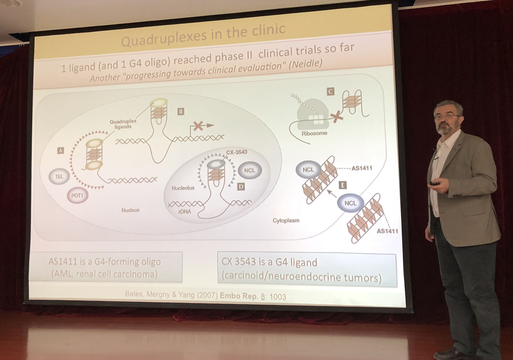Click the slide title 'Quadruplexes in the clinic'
(203, 35)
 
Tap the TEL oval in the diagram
(59, 177)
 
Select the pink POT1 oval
(77, 196)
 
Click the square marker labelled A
(60, 150)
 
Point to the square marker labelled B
(180, 112)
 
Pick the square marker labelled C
(330, 92)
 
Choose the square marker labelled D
(241, 187)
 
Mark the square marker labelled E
(343, 186)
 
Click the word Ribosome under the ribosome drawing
(314, 133)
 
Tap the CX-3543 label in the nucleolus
(237, 152)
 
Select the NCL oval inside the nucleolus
(250, 170)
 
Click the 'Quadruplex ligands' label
(123, 124)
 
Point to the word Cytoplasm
(286, 220)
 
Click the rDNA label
(184, 212)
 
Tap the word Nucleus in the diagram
(130, 210)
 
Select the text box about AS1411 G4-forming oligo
(105, 267)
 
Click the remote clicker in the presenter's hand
(436, 183)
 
